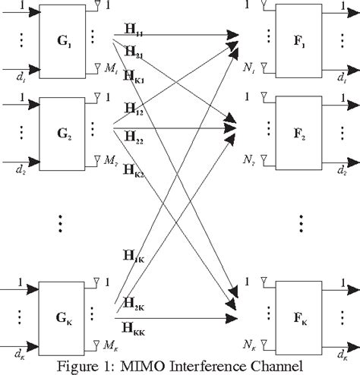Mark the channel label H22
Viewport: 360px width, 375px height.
point(132,139)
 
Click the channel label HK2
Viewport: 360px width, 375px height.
point(134,168)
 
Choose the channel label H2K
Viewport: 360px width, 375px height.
point(134,303)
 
